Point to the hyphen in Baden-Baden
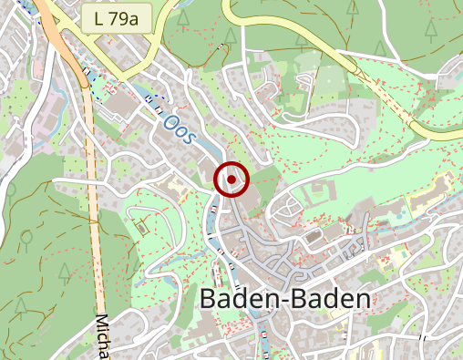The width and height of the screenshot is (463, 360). pos(287,300)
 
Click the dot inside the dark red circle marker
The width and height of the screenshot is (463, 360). pos(231,180)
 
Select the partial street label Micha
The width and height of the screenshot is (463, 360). pos(102,336)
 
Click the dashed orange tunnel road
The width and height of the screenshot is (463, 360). pos(93,182)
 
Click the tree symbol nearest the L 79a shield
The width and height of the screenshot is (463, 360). pos(183,17)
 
